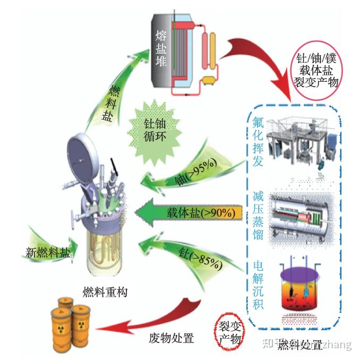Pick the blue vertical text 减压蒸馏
[x=258, y=216]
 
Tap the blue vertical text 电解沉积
[x=258, y=284]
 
